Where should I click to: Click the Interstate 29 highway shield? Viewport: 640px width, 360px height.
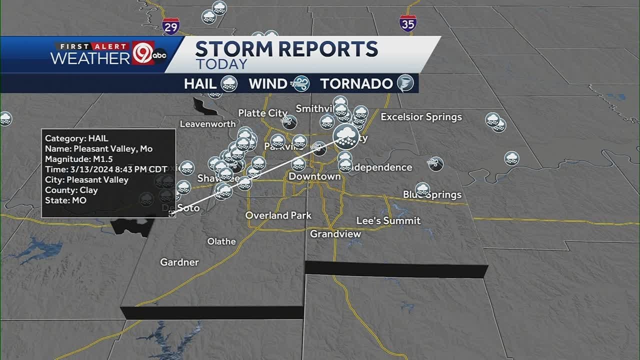[x=171, y=26]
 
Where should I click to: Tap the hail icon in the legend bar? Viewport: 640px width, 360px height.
[x=229, y=83]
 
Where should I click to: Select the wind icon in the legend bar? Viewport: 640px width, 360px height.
[x=301, y=83]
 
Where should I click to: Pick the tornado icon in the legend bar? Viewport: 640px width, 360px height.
[x=405, y=83]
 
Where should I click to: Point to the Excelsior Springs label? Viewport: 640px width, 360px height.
[x=421, y=117]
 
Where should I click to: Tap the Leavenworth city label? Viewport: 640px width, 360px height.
[x=207, y=124]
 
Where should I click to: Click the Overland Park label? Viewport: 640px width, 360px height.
[x=278, y=215]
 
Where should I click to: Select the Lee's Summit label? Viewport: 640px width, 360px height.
[x=388, y=220]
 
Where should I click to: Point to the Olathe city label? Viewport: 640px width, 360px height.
[x=221, y=241]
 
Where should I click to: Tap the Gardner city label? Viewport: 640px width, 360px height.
[x=179, y=262]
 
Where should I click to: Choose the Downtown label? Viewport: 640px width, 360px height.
[x=314, y=176]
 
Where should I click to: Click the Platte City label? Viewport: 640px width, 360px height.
[x=262, y=113]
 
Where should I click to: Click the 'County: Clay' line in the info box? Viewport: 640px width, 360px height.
[x=71, y=190]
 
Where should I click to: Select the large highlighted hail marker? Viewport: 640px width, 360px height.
[x=346, y=136]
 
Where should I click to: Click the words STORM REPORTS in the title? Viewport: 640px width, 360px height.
[x=286, y=49]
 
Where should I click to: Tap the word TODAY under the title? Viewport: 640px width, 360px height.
[x=221, y=64]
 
